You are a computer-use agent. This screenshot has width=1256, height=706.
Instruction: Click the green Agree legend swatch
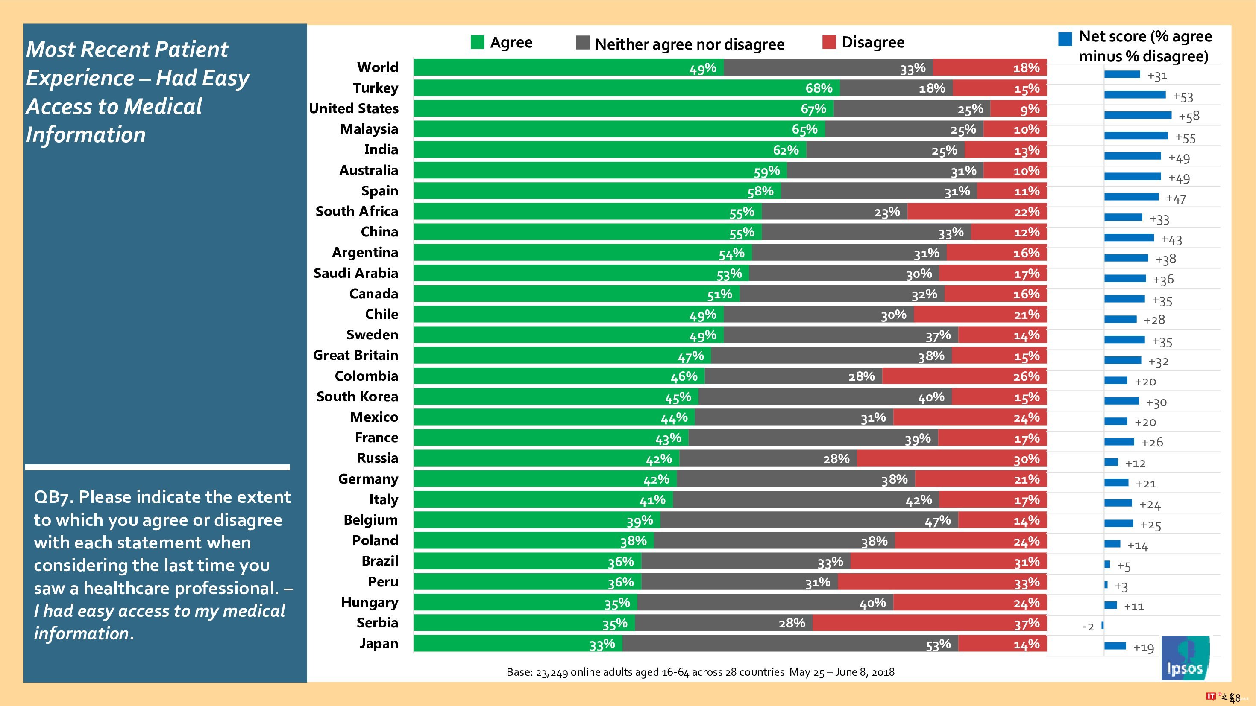point(477,42)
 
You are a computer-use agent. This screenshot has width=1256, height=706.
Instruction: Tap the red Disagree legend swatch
point(829,42)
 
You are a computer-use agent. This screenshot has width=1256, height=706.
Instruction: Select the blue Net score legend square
point(1065,39)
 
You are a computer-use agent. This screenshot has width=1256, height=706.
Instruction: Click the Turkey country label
point(376,88)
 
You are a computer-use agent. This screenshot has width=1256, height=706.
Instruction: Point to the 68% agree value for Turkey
point(819,88)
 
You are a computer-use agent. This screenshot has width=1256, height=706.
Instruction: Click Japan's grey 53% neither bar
point(790,644)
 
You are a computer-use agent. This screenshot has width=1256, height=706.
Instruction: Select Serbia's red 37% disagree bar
point(929,623)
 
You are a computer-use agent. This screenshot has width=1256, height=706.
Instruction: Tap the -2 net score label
point(1088,627)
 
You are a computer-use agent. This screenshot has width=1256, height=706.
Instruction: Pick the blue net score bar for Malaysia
point(1136,135)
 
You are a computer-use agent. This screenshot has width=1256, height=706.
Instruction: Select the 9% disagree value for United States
point(1030,109)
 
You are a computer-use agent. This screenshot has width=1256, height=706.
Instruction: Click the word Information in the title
point(86,135)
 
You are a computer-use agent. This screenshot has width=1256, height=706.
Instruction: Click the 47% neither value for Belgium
point(938,521)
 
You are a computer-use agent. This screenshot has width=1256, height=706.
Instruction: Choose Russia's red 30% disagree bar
point(951,458)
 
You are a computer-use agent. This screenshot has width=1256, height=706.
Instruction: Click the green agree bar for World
point(569,68)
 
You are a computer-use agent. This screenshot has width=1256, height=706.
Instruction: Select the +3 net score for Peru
point(1121,586)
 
